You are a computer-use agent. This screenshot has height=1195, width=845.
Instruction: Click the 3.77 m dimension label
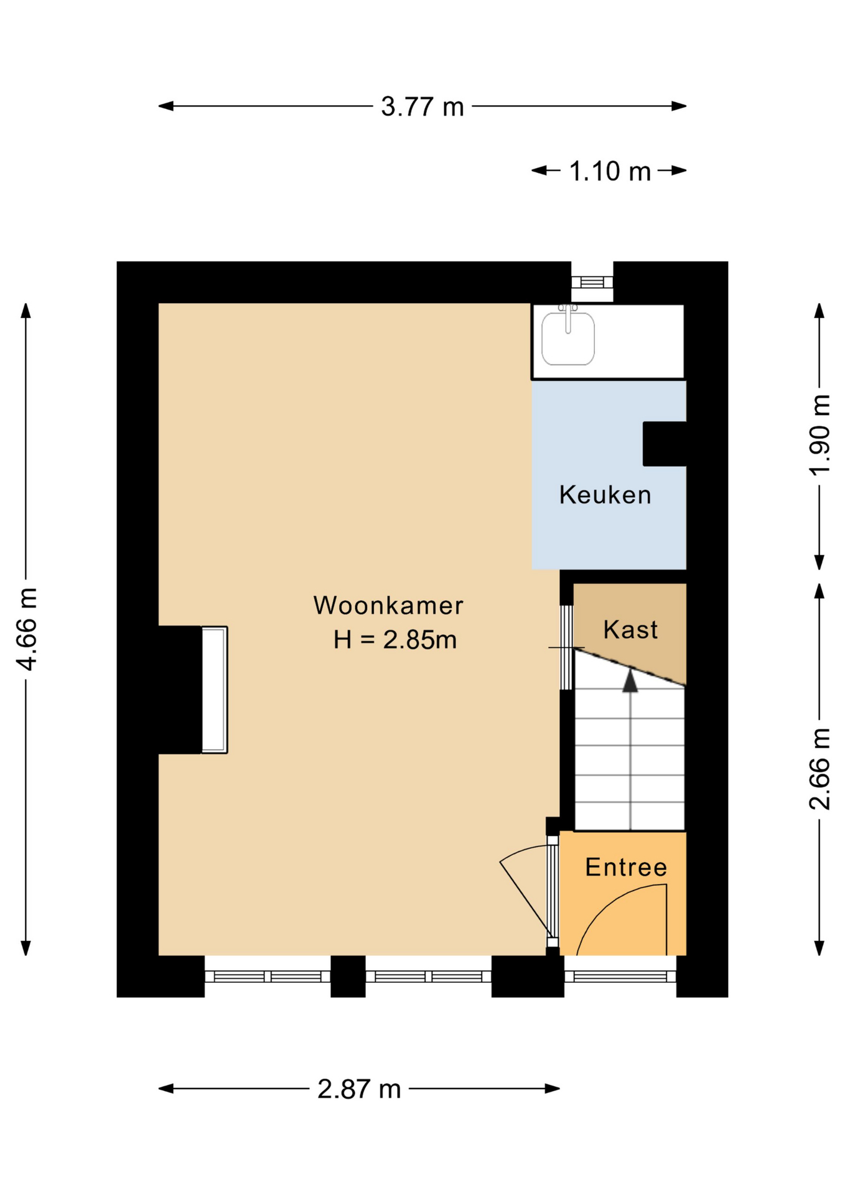coord(422,106)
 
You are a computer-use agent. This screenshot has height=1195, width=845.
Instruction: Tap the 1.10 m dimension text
coord(609,171)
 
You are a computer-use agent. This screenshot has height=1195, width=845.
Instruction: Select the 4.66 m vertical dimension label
coord(27,629)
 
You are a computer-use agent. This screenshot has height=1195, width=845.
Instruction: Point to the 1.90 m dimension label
coord(819,435)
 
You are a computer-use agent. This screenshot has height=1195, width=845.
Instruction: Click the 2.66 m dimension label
coord(819,768)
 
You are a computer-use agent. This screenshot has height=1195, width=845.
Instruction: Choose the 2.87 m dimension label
coord(359,1089)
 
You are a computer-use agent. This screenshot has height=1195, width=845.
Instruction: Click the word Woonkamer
coord(388,606)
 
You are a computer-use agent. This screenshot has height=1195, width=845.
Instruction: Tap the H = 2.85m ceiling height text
coord(394,640)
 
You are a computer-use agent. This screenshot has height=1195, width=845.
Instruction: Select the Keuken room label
coord(605,495)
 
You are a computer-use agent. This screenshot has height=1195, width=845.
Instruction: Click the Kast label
coord(630,630)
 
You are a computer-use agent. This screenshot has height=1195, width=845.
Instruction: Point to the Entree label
coord(626,868)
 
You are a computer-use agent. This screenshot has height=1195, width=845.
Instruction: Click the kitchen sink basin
coord(567,340)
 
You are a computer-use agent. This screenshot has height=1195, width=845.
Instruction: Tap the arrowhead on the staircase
coord(630,681)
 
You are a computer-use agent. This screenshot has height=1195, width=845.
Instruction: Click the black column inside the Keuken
coord(664,444)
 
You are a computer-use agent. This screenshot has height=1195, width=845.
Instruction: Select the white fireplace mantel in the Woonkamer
coord(215,690)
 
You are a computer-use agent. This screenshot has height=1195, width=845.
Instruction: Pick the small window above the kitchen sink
coord(592,282)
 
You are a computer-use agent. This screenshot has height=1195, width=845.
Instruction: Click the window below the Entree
coord(620,976)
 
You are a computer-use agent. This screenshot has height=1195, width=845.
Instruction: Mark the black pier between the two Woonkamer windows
coord(348,976)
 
